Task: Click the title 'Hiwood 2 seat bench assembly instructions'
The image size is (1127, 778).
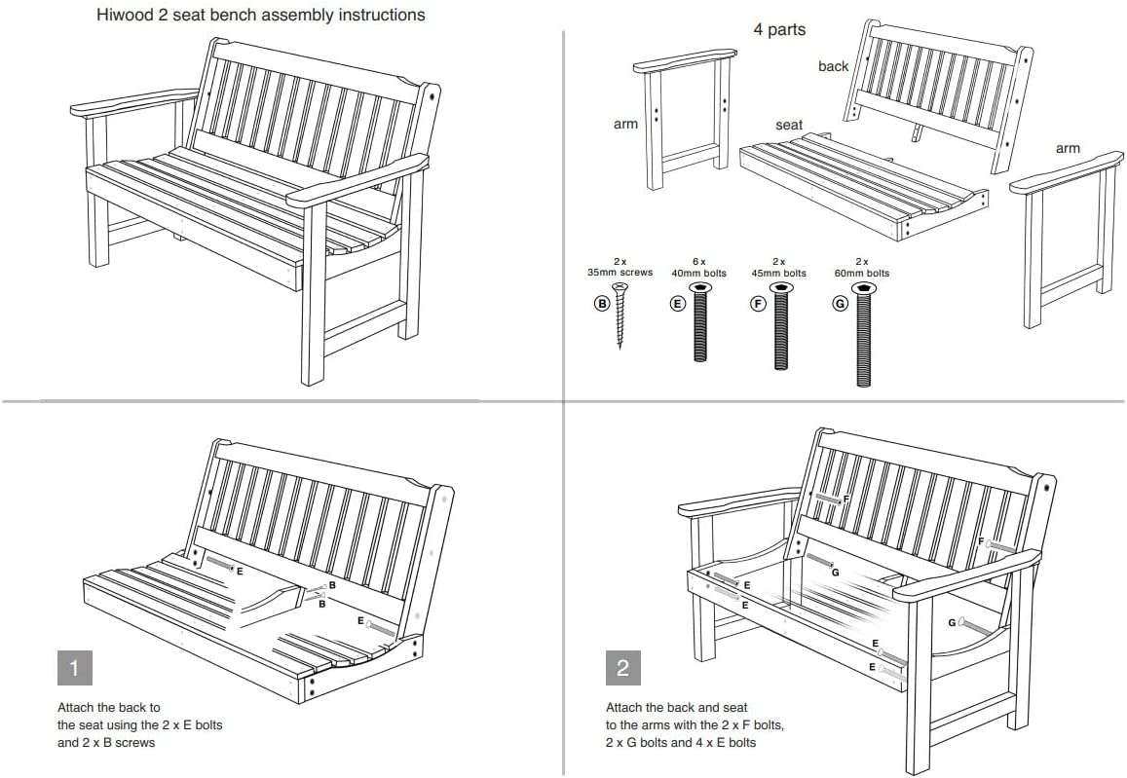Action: tap(260, 16)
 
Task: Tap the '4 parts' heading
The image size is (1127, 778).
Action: tap(779, 29)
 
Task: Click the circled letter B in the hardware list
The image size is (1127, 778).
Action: tap(602, 304)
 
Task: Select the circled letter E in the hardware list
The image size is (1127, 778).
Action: tap(677, 304)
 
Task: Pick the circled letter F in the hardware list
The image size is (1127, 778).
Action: tap(758, 304)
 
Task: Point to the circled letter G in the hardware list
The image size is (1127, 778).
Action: tap(841, 304)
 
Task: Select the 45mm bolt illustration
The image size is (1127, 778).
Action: tap(780, 326)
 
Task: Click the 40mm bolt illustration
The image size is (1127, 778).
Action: tap(699, 322)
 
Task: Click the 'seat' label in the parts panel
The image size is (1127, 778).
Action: tap(789, 125)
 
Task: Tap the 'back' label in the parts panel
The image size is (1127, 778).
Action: tap(833, 66)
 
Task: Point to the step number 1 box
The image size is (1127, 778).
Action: tap(75, 668)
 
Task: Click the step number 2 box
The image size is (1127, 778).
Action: tap(623, 668)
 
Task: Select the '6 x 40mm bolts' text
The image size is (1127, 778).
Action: tap(698, 268)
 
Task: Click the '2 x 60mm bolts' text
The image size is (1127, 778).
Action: tap(863, 268)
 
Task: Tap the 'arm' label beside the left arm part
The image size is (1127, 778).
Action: tap(625, 124)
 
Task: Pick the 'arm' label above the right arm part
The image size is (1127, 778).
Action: tap(1068, 148)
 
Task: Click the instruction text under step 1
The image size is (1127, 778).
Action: tap(146, 724)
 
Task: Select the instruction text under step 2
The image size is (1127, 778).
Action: tap(695, 724)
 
